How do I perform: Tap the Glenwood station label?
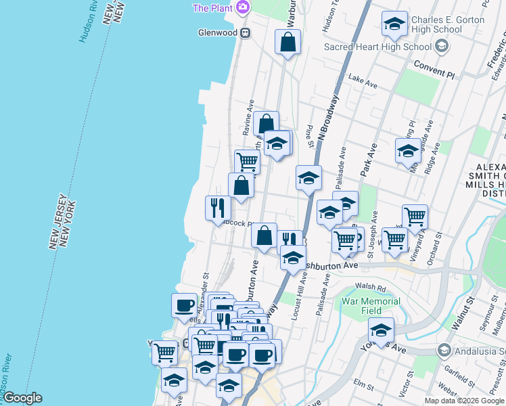click(216, 32)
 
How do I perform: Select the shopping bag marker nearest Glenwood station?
click(287, 42)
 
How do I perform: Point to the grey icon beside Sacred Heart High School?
click(442, 47)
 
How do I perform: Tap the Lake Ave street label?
click(362, 82)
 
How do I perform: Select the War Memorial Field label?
click(371, 306)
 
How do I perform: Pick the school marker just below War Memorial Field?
click(381, 330)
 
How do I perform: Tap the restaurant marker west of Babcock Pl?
click(217, 206)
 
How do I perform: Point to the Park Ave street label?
click(367, 162)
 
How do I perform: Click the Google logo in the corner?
click(22, 399)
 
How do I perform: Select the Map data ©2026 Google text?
click(463, 401)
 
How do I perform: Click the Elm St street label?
click(363, 385)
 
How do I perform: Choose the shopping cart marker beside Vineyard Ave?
click(415, 217)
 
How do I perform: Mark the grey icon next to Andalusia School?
click(443, 351)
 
